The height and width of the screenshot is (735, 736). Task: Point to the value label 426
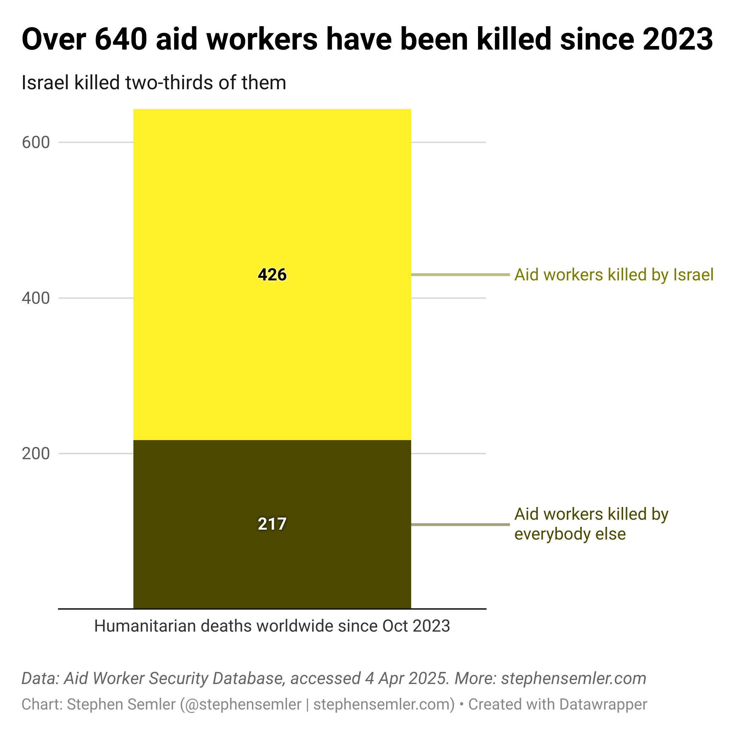coord(272,275)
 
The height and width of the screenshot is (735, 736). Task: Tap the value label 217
coord(272,524)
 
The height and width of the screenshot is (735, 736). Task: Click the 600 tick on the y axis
coord(36,143)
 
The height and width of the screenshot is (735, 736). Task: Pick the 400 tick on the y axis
coord(36,298)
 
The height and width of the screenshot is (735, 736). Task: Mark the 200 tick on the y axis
coord(36,454)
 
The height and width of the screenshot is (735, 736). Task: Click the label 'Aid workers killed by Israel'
coord(614,275)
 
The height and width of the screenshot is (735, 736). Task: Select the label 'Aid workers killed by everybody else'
coord(591,524)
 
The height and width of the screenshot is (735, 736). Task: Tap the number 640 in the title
coord(121,39)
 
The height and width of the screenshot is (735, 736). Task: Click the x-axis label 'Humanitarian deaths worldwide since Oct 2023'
coord(272,626)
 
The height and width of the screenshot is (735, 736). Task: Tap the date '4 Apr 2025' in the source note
coord(407,678)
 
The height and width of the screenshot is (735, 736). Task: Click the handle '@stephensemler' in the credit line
coord(241,704)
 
